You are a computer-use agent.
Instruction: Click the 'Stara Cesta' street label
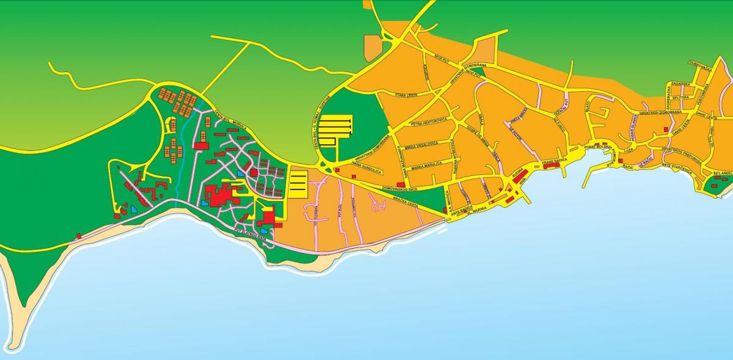[x=406, y=95]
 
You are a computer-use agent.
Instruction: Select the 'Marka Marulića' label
[x=426, y=166]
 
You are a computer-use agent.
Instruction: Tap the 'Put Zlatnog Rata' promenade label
[x=250, y=233]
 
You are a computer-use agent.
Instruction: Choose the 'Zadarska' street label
[x=680, y=84]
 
